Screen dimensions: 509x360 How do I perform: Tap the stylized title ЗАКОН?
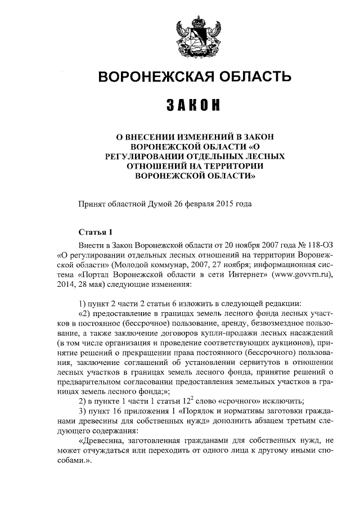coord(192,105)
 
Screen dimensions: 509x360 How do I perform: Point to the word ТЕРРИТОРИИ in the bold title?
coord(229,165)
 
